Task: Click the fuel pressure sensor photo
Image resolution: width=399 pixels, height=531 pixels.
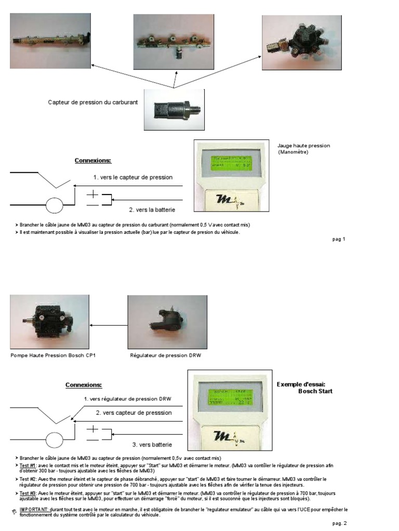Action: click(x=174, y=110)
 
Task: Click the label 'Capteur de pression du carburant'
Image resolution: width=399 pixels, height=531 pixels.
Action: click(x=93, y=103)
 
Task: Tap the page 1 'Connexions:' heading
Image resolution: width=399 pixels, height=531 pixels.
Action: click(x=93, y=161)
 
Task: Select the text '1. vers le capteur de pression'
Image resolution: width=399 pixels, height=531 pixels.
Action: click(x=133, y=177)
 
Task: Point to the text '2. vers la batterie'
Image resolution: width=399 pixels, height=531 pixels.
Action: click(x=152, y=209)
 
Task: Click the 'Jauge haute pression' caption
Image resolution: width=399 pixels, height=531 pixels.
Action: click(x=304, y=146)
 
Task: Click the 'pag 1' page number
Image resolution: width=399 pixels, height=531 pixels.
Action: click(x=339, y=239)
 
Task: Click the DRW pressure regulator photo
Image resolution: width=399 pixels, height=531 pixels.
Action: click(x=167, y=322)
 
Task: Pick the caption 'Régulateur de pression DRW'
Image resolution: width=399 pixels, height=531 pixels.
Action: click(x=165, y=356)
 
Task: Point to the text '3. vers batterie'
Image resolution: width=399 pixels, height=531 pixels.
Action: click(x=151, y=444)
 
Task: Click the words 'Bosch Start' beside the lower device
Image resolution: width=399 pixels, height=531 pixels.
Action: click(x=315, y=391)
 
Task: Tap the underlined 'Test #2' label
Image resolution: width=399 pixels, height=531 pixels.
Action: click(x=28, y=479)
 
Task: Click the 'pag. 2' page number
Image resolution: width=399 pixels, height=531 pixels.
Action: click(x=339, y=523)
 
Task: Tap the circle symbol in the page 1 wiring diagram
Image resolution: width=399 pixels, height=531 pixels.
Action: click(x=54, y=206)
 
